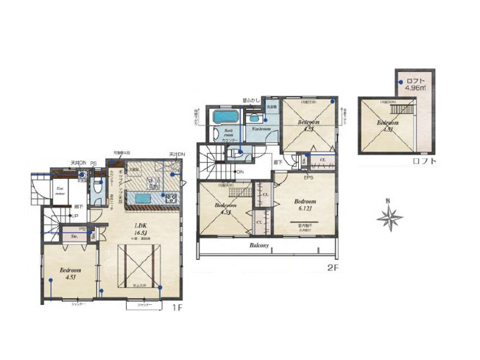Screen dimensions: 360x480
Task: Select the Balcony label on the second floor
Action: [258, 246]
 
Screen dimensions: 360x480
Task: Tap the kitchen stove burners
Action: [171, 197]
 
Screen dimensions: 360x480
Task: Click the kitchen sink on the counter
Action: [144, 197]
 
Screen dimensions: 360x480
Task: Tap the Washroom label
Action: [261, 129]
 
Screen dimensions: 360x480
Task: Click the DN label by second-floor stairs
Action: [240, 172]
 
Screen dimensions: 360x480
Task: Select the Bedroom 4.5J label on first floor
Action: [71, 273]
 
